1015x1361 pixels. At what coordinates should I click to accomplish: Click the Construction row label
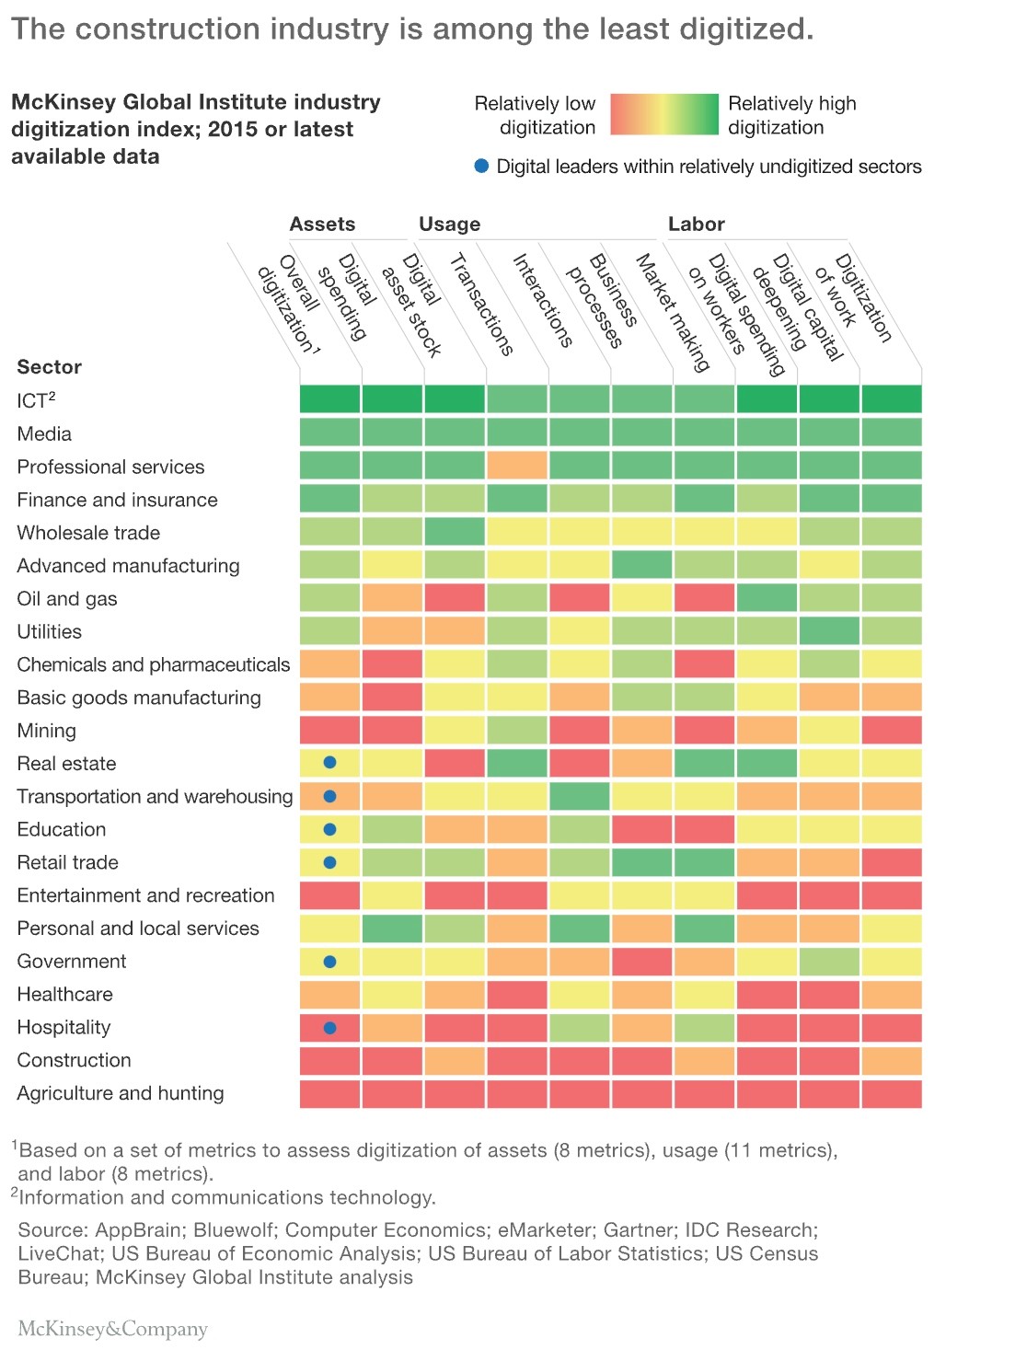point(74,1060)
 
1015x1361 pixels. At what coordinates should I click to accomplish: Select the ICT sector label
point(36,400)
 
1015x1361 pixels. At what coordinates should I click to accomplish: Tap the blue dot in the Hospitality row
point(329,1028)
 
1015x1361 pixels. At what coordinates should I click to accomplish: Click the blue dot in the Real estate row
point(329,763)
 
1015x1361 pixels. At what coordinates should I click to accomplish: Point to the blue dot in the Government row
point(329,962)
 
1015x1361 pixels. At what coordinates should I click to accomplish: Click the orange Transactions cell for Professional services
point(517,466)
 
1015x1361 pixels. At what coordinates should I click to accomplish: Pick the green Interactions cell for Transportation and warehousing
point(580,796)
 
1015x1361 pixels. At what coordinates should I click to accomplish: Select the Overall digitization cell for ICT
point(329,399)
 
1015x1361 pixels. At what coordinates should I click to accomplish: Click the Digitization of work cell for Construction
point(891,1061)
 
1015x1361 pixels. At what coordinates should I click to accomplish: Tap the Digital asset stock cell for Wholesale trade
point(455,532)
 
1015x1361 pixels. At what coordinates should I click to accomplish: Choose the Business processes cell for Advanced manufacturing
point(642,565)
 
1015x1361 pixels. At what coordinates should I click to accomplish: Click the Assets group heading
point(322,224)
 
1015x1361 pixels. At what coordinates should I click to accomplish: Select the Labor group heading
point(696,224)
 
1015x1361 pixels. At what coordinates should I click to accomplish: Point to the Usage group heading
point(449,224)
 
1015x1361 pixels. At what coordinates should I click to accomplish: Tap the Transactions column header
point(481,304)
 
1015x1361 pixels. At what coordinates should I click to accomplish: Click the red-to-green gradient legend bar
point(663,115)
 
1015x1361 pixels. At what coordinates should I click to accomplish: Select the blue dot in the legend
point(481,167)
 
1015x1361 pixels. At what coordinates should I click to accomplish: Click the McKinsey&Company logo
point(113,1329)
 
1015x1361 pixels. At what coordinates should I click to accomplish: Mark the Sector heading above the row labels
point(50,367)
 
